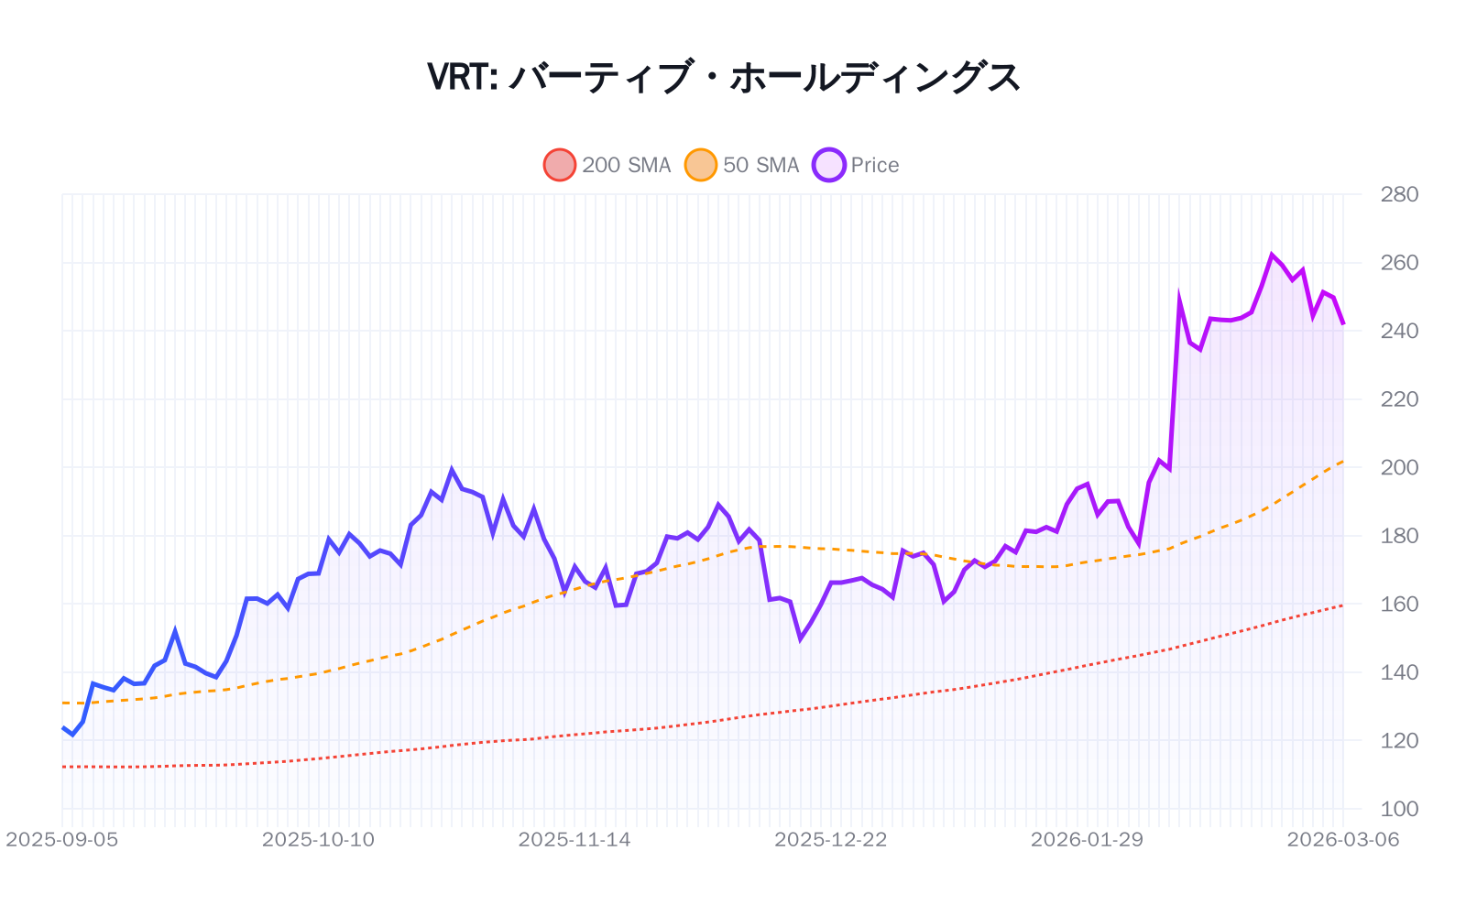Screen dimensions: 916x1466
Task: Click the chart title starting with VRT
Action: tap(724, 77)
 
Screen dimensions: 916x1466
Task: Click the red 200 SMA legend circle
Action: tap(559, 165)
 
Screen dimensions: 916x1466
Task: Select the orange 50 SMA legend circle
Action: tap(701, 165)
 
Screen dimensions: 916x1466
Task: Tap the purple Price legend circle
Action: tap(828, 165)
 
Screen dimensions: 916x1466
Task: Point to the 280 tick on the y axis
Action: tap(1399, 194)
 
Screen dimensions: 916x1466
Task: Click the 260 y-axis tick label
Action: tap(1399, 263)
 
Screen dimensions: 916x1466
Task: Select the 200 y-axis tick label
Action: tap(1399, 467)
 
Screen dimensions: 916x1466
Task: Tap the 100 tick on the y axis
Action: tap(1399, 809)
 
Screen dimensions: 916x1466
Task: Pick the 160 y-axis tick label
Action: tap(1399, 604)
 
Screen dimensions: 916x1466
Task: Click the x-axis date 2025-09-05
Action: tap(62, 840)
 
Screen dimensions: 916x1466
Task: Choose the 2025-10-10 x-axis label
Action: tap(318, 840)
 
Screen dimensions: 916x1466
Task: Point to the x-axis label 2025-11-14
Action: tap(574, 840)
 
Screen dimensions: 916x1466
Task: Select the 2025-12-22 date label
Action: tap(831, 840)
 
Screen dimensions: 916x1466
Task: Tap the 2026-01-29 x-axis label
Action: tap(1087, 840)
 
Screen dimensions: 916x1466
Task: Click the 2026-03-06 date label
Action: tap(1343, 840)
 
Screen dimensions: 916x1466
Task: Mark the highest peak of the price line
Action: tap(1272, 255)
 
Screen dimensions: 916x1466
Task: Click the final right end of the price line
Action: tap(1343, 324)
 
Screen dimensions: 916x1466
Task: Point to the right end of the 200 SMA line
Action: tap(1343, 605)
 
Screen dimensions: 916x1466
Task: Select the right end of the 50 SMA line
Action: tap(1343, 461)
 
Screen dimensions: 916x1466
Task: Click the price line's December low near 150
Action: tap(800, 639)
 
